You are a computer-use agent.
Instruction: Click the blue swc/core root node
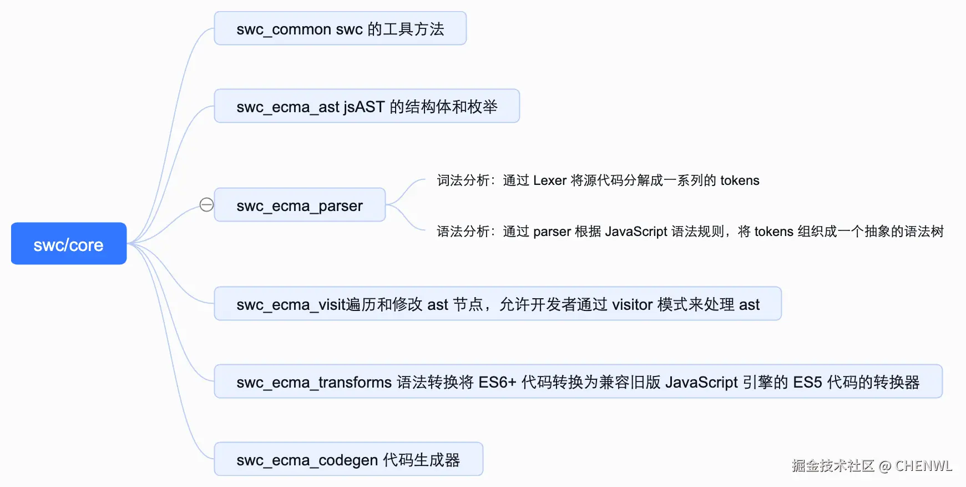pyautogui.click(x=69, y=243)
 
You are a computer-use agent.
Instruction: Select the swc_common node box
pyautogui.click(x=340, y=28)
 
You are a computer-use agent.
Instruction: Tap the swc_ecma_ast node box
pyautogui.click(x=367, y=106)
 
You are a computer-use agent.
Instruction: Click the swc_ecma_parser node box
pyautogui.click(x=300, y=205)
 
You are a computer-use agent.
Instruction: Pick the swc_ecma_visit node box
pyautogui.click(x=498, y=304)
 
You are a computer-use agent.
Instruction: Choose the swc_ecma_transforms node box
pyautogui.click(x=578, y=381)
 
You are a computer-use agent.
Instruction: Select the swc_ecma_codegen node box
pyautogui.click(x=348, y=459)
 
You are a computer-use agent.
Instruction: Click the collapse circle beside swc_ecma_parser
pyautogui.click(x=206, y=205)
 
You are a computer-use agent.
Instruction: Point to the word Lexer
pyautogui.click(x=550, y=180)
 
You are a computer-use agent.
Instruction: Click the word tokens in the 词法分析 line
pyautogui.click(x=740, y=180)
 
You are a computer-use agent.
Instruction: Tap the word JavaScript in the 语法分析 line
pyautogui.click(x=636, y=232)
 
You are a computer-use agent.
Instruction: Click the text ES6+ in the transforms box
pyautogui.click(x=497, y=382)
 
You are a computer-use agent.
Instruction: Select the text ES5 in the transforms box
pyautogui.click(x=807, y=382)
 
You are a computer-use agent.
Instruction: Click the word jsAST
pyautogui.click(x=364, y=107)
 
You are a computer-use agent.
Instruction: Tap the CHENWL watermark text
pyautogui.click(x=924, y=466)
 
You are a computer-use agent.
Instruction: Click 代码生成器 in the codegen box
pyautogui.click(x=422, y=460)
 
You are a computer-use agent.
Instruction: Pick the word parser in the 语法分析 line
pyautogui.click(x=552, y=232)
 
